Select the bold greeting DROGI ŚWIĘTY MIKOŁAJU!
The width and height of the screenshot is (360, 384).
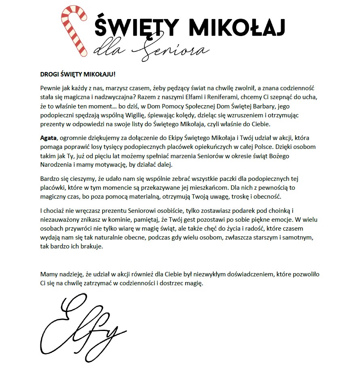(x=78, y=75)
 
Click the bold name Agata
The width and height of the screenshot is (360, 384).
(x=49, y=138)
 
